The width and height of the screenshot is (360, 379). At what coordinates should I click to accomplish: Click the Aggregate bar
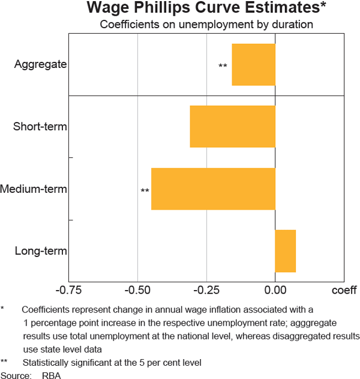pyautogui.click(x=253, y=64)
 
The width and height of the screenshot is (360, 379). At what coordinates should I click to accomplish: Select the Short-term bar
pyautogui.click(x=232, y=127)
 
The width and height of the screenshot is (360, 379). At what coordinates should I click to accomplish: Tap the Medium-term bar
pyautogui.click(x=213, y=189)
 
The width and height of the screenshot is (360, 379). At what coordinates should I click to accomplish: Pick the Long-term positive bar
pyautogui.click(x=285, y=250)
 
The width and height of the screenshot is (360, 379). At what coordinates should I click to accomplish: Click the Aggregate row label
pyautogui.click(x=40, y=64)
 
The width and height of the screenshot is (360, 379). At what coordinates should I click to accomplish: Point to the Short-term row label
pyautogui.click(x=40, y=127)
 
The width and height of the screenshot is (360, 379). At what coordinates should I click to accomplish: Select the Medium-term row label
pyautogui.click(x=34, y=189)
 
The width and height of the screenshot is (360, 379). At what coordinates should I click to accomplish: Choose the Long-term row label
pyautogui.click(x=41, y=251)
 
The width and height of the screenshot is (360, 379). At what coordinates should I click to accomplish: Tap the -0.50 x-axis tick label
pyautogui.click(x=137, y=291)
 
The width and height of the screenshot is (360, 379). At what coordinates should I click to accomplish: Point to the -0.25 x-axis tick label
pyautogui.click(x=206, y=291)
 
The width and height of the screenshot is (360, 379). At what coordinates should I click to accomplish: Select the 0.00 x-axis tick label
pyautogui.click(x=275, y=291)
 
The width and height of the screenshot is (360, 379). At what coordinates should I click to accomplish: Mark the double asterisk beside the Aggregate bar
pyautogui.click(x=223, y=66)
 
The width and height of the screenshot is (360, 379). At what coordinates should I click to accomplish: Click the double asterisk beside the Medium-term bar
pyautogui.click(x=145, y=192)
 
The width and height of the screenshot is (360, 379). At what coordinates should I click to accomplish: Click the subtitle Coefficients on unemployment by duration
pyautogui.click(x=206, y=25)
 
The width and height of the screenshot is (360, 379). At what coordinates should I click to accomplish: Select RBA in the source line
pyautogui.click(x=52, y=375)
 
